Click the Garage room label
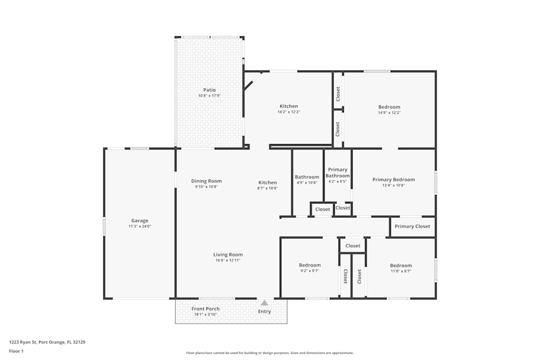tap(139, 221)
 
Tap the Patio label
tap(209, 90)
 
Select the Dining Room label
tap(206, 181)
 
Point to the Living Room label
tap(227, 255)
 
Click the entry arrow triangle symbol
tap(264, 303)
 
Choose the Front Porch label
tap(205, 309)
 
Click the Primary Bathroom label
tap(337, 173)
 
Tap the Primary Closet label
tap(412, 227)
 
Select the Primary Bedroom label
tap(393, 180)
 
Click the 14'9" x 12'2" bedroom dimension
tap(389, 113)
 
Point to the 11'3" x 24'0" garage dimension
tap(139, 227)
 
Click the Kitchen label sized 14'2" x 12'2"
tap(288, 106)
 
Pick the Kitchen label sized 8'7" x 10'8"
tap(267, 182)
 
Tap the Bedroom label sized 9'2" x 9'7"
tap(310, 265)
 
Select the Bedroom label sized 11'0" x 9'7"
tap(401, 266)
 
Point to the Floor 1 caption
tap(16, 351)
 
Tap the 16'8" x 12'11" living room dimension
tap(227, 260)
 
